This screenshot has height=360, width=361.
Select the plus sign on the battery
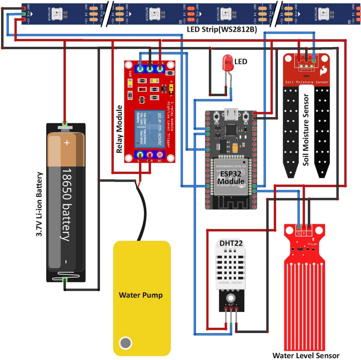[67, 143]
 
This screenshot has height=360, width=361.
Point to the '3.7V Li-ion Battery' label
[40, 205]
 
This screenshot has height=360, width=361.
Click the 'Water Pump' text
[141, 295]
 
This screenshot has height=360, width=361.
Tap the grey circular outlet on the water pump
[125, 342]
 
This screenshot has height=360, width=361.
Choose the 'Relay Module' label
[119, 129]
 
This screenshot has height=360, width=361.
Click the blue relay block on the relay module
[150, 129]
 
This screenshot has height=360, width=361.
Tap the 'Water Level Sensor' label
[306, 355]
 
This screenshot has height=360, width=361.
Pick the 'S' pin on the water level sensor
[298, 233]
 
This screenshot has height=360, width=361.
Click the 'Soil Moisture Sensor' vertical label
[306, 130]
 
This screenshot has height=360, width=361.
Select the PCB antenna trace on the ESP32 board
[231, 202]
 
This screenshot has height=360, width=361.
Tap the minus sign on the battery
[66, 262]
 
